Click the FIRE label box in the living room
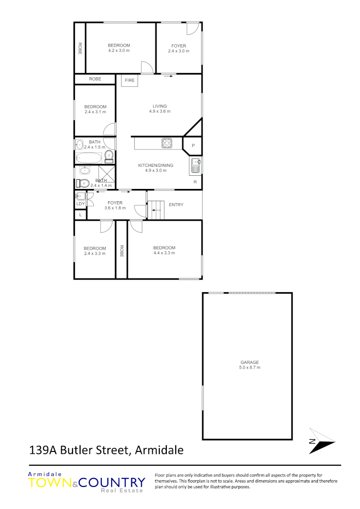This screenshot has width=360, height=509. pyautogui.click(x=130, y=81)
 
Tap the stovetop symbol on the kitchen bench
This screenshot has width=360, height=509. pyautogui.click(x=167, y=143)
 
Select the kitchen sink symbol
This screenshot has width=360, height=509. pyautogui.click(x=196, y=165)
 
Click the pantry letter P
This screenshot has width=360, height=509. pyautogui.click(x=193, y=146)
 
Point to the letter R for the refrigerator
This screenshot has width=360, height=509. pyautogui.click(x=195, y=181)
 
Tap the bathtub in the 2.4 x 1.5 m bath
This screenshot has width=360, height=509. pyautogui.click(x=89, y=157)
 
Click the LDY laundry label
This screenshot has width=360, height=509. pyautogui.click(x=81, y=204)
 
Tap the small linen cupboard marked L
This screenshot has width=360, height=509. pyautogui.click(x=81, y=215)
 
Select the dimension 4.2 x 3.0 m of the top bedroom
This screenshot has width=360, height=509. pyautogui.click(x=119, y=50)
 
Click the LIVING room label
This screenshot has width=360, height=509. pyautogui.click(x=160, y=106)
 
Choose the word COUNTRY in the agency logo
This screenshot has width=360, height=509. pyautogui.click(x=112, y=483)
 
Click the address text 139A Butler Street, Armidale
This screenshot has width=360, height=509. pyautogui.click(x=106, y=450)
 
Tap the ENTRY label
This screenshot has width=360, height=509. pyautogui.click(x=176, y=205)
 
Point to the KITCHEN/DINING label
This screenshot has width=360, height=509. pyautogui.click(x=155, y=165)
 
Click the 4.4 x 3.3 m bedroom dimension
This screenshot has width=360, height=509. pyautogui.click(x=164, y=253)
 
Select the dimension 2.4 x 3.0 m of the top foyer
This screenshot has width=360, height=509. pyautogui.click(x=179, y=51)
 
